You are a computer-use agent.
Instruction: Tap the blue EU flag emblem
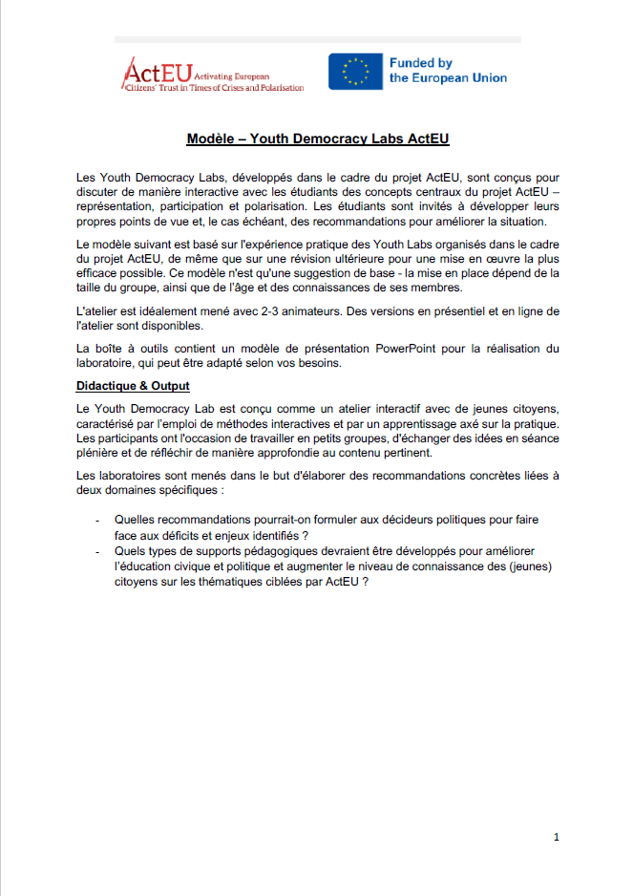(356, 72)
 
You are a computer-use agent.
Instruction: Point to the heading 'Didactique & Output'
(133, 386)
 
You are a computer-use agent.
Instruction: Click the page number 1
(556, 838)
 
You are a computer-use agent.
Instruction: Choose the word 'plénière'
(101, 454)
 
